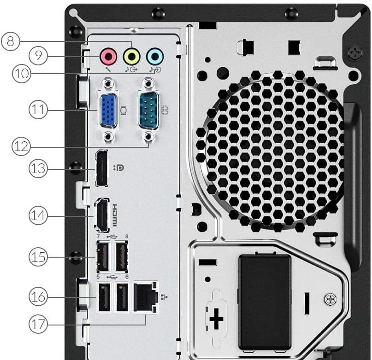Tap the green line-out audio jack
pos(132,57)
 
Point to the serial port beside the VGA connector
pos(148,110)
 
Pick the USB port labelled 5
pos(102,297)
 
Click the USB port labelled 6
pos(121,297)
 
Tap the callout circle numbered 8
pos(11,41)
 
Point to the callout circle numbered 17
pos(39,324)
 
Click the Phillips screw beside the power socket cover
pos(331,299)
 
